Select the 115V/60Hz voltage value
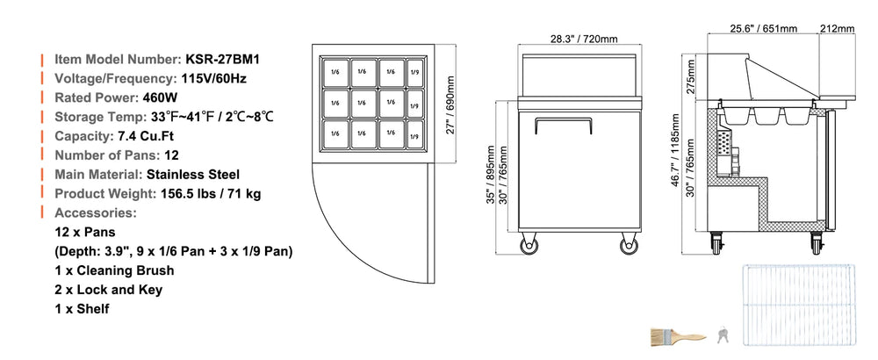[214, 78]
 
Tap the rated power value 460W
[160, 97]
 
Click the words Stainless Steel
[193, 174]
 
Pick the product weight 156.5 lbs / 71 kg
[211, 194]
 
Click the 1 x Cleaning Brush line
[115, 270]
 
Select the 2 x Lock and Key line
[109, 290]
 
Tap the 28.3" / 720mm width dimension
[584, 39]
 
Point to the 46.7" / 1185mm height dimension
[675, 149]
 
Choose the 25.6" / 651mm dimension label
[764, 28]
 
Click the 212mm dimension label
[837, 28]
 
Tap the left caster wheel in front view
[528, 245]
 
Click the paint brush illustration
[679, 337]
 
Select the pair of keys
[723, 335]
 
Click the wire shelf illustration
[798, 305]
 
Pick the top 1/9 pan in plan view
[414, 72]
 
